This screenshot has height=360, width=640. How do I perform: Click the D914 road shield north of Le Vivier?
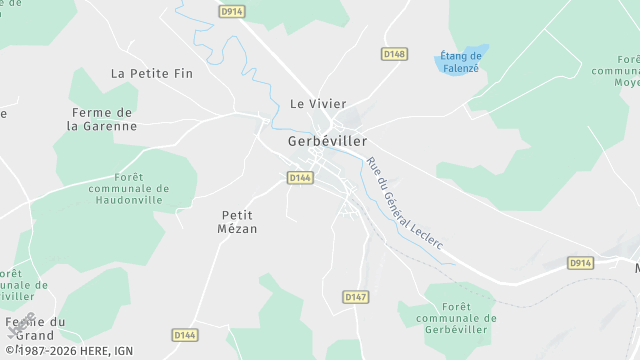(231, 10)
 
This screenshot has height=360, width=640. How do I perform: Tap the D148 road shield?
(395, 53)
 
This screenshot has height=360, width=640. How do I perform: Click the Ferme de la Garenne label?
(102, 119)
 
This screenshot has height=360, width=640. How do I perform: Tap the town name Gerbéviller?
(327, 142)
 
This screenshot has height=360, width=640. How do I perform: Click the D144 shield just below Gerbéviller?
(300, 177)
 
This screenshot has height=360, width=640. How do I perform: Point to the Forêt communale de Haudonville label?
(128, 188)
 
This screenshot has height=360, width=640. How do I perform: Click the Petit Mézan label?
(238, 221)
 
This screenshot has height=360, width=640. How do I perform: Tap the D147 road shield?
(355, 297)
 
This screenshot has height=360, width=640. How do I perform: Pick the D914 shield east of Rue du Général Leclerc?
(580, 262)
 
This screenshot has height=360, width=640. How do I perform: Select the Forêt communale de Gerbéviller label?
(456, 318)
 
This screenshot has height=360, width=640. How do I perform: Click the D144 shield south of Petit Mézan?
(184, 335)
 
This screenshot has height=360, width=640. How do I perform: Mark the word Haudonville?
(128, 201)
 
